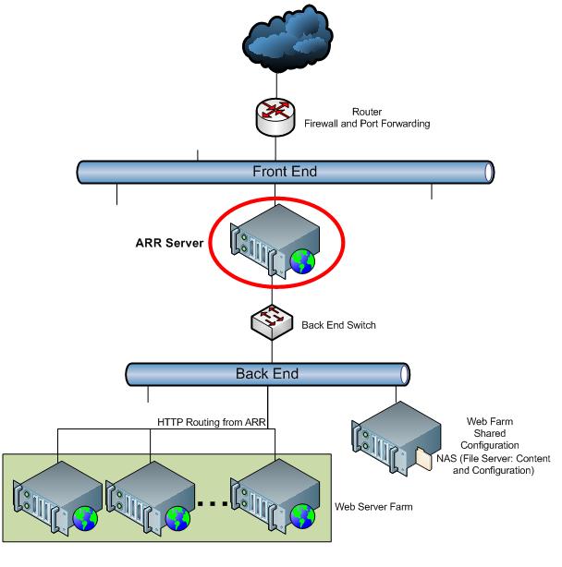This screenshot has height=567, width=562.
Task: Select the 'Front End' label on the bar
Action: (x=284, y=172)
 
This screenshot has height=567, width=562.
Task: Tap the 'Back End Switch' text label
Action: (x=339, y=325)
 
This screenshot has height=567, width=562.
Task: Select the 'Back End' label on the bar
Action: (x=267, y=374)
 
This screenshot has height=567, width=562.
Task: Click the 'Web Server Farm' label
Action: (x=373, y=507)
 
